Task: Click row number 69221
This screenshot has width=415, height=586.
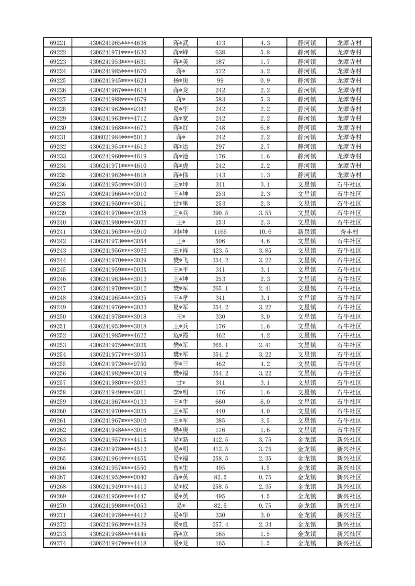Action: [x=57, y=43]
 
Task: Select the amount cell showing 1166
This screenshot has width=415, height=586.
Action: [x=220, y=231]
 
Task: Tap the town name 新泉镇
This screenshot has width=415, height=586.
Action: [x=307, y=231]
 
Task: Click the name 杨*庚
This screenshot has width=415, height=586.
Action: [x=181, y=80]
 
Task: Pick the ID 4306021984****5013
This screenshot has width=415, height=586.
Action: [x=118, y=137]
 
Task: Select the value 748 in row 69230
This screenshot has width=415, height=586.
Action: [x=220, y=127]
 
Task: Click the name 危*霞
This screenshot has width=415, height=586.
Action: [x=181, y=335]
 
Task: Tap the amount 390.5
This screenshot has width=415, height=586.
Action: [x=220, y=213]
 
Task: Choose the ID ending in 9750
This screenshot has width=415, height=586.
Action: [x=118, y=364]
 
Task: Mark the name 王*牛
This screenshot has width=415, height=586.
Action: [x=181, y=402]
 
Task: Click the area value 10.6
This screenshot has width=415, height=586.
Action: [x=264, y=231]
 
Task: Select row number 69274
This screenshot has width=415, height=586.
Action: [x=57, y=543]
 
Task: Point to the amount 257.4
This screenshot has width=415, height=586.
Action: [x=220, y=524]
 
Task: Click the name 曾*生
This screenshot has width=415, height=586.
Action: [x=181, y=467]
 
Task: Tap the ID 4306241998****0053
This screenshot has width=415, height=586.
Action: [x=118, y=506]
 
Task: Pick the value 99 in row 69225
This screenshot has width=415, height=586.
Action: [x=220, y=80]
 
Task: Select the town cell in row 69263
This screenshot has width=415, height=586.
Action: [x=307, y=439]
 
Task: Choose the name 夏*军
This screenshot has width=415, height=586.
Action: [x=181, y=307]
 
